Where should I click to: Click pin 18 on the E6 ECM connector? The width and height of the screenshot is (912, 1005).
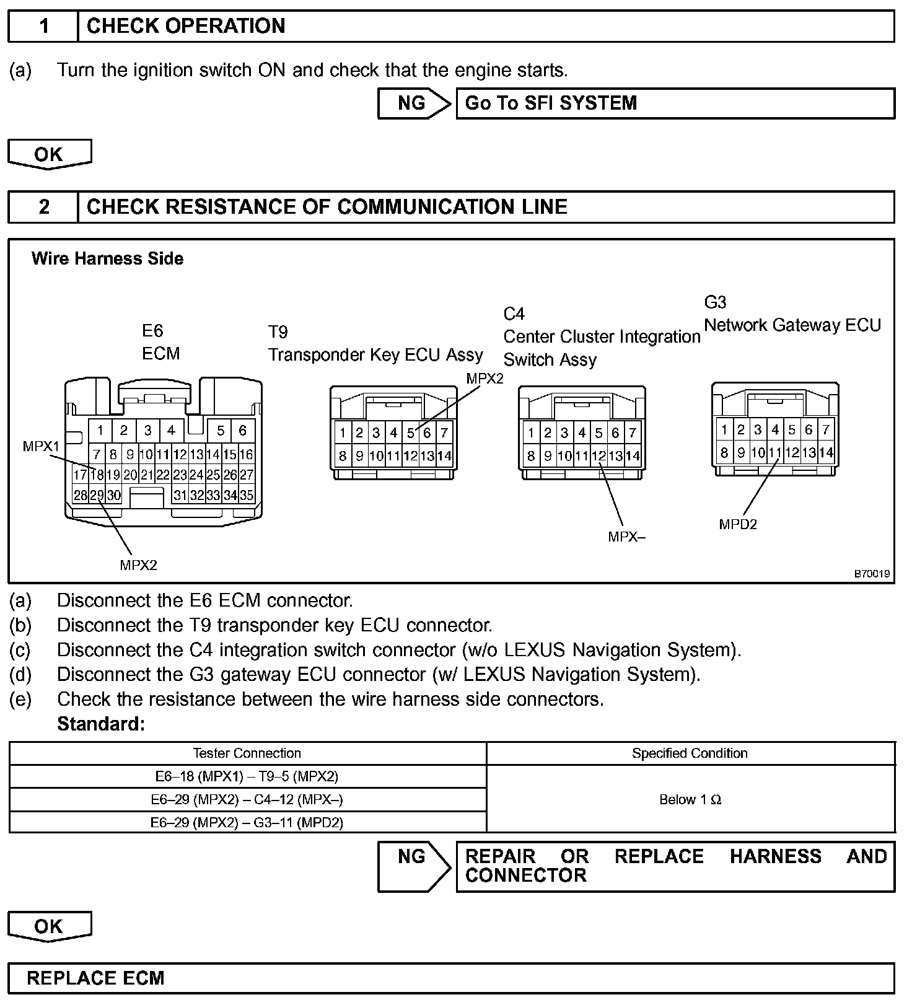97,475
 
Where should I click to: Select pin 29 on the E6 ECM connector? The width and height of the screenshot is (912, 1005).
97,495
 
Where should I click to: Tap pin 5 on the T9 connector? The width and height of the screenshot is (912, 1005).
410,433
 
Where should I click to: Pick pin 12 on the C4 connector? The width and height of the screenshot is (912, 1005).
598,457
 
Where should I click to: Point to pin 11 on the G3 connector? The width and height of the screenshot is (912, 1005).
774,453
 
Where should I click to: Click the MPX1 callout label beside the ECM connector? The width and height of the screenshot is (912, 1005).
41,446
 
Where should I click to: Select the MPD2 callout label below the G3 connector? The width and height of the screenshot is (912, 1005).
738,524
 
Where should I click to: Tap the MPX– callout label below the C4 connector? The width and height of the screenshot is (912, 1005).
626,537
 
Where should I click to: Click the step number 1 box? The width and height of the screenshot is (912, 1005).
43,26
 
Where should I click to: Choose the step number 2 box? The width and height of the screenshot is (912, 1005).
43,207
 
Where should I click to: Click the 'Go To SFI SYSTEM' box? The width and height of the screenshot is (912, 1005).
675,103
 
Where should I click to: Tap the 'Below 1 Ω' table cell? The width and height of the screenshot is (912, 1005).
690,799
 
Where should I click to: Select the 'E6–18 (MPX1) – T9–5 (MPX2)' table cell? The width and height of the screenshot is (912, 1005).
247,776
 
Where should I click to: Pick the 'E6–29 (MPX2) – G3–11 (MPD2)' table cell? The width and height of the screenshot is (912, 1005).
247,822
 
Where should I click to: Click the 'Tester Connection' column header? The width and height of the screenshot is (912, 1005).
247,753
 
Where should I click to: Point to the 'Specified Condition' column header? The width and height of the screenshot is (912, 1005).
690,753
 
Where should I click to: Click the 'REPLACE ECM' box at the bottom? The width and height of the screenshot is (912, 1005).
451,978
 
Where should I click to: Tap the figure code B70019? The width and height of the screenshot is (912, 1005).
872,574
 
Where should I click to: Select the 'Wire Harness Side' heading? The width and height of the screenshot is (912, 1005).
107,258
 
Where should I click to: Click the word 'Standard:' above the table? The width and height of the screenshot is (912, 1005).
101,724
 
